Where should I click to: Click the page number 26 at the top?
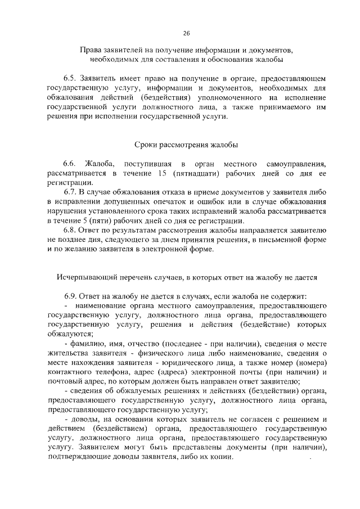pyautogui.click(x=179, y=33)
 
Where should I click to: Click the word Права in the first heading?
pyautogui.click(x=91, y=50)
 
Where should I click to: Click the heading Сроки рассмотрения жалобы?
pyautogui.click(x=179, y=144)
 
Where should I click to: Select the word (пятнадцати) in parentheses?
pyautogui.click(x=200, y=173)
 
